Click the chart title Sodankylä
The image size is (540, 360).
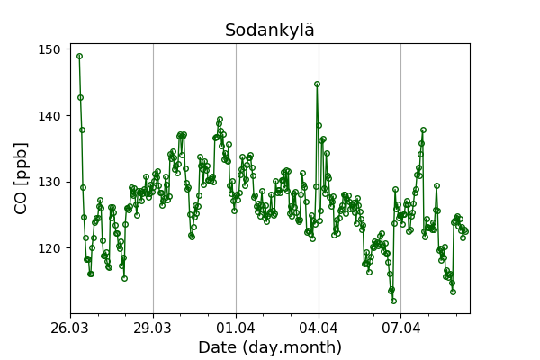[x=270, y=31]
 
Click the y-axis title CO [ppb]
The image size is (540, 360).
[x=22, y=177]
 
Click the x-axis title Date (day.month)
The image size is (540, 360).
[x=270, y=347]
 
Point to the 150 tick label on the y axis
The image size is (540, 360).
[x=50, y=49]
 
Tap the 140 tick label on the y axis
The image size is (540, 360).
[x=50, y=116]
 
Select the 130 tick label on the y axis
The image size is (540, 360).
[x=50, y=182]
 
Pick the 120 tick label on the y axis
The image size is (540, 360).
[x=50, y=248]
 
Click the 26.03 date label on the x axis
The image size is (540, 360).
[x=70, y=326]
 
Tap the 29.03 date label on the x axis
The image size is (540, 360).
[x=153, y=326]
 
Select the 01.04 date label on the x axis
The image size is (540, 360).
[x=236, y=326]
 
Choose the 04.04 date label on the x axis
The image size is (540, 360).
[x=319, y=326]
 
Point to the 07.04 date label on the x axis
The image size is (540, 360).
[x=401, y=326]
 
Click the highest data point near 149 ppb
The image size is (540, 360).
[x=79, y=56]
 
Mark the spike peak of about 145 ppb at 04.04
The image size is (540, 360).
[x=317, y=84]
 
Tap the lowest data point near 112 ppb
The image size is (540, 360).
[x=393, y=301]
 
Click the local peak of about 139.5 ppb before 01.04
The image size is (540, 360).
[x=220, y=119]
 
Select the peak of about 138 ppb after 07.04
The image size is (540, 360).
[x=423, y=130]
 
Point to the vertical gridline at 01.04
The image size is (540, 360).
[x=236, y=270]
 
